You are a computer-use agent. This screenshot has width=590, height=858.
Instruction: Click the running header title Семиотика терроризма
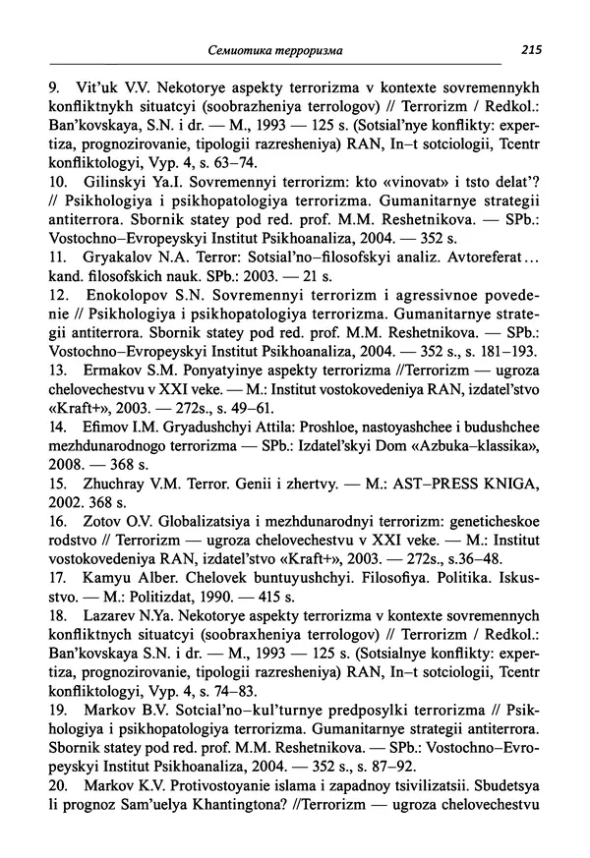click(280, 49)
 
